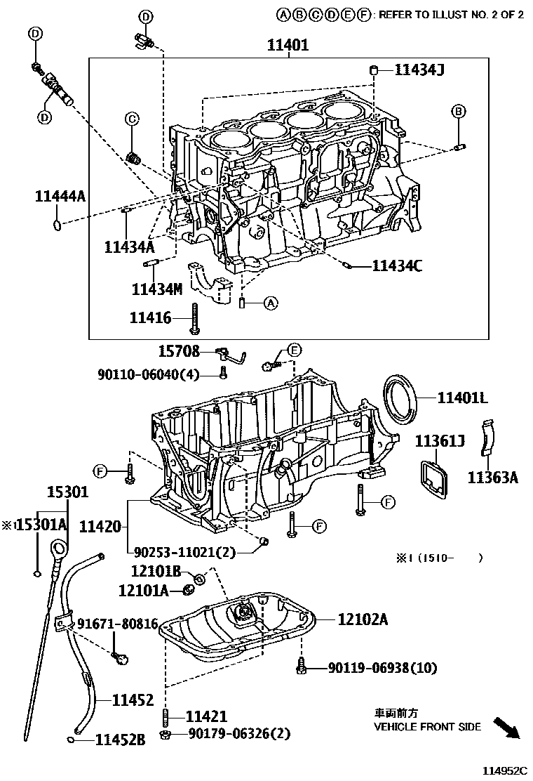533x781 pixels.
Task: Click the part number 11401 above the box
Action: [x=288, y=46]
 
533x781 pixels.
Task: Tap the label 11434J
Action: [x=419, y=70]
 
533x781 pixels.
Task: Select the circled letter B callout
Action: [x=459, y=111]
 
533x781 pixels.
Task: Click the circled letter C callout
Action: [x=132, y=119]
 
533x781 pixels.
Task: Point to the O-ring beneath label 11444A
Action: [x=58, y=225]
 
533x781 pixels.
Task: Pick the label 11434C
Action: [x=397, y=266]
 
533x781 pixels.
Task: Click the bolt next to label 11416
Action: [x=194, y=320]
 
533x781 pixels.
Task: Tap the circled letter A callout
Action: [x=271, y=302]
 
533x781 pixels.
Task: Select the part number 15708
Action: [x=179, y=351]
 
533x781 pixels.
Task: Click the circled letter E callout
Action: [x=295, y=350]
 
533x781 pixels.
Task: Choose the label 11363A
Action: [x=493, y=478]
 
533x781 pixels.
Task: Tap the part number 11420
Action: [x=100, y=527]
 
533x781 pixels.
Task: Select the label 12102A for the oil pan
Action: [x=363, y=619]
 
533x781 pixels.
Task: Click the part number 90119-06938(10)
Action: [x=382, y=668]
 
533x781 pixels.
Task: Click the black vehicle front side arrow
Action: [x=506, y=728]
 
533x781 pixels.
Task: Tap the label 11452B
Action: [x=121, y=740]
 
